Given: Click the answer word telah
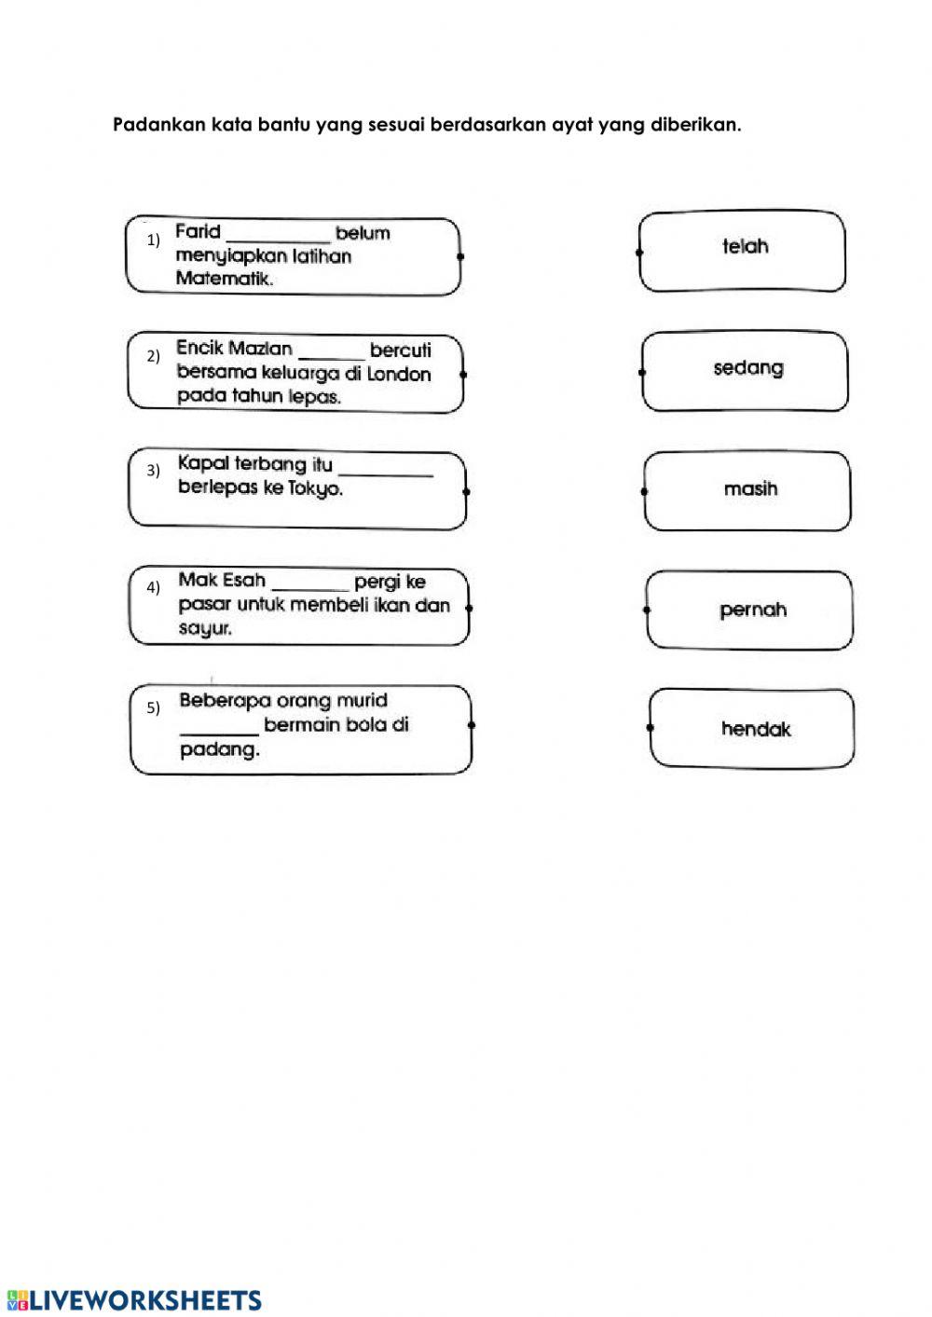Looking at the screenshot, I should pyautogui.click(x=745, y=247).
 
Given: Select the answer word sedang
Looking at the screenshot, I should pyautogui.click(x=748, y=368).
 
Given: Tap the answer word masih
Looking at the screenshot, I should pyautogui.click(x=750, y=489).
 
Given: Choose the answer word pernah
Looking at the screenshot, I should pyautogui.click(x=753, y=610).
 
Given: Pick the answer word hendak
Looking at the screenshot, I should pyautogui.click(x=755, y=730).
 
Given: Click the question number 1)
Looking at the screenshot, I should pyautogui.click(x=154, y=240).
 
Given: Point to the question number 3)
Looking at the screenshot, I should pyautogui.click(x=154, y=471).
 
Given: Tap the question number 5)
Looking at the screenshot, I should pyautogui.click(x=154, y=708).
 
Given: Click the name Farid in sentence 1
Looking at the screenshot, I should pyautogui.click(x=198, y=232).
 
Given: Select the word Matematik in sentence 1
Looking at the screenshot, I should pyautogui.click(x=224, y=279).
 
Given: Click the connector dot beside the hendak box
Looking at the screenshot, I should pyautogui.click(x=650, y=728).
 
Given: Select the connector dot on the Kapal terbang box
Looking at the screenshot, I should pyautogui.click(x=466, y=491).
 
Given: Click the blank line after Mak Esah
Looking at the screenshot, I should pyautogui.click(x=309, y=585).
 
